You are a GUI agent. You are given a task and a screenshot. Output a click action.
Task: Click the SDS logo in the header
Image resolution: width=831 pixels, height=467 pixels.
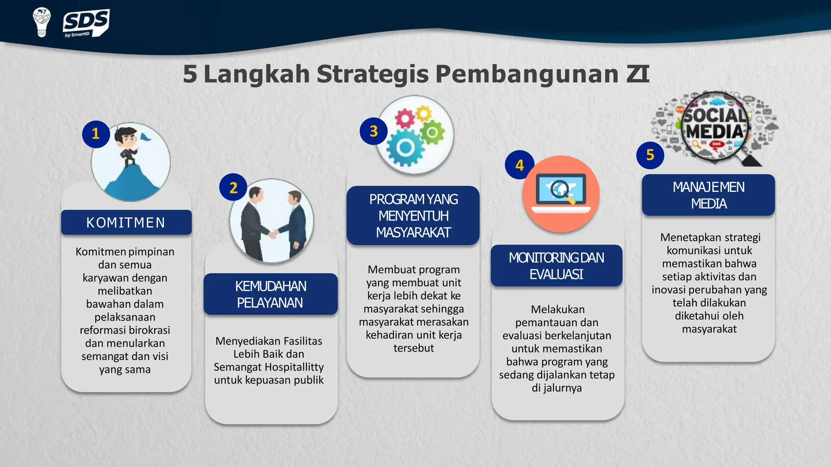click(86, 23)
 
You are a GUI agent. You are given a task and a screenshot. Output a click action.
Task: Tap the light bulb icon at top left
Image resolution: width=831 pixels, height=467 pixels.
click(41, 22)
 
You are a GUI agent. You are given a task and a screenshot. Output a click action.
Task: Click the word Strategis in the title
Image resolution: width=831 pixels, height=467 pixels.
click(372, 74)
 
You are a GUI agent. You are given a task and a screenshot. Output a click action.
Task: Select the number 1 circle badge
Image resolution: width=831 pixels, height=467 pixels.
click(96, 134)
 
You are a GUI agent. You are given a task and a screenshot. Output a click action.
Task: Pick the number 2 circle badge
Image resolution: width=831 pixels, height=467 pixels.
click(233, 188)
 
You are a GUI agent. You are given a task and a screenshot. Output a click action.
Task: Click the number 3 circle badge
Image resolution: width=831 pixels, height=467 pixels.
click(374, 131)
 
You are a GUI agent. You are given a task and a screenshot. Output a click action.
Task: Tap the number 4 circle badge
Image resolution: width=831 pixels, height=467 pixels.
click(519, 165)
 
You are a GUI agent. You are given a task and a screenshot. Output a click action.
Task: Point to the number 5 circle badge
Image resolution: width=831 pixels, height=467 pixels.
click(650, 155)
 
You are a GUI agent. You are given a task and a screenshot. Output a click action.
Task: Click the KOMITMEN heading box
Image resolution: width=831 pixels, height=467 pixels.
click(126, 223)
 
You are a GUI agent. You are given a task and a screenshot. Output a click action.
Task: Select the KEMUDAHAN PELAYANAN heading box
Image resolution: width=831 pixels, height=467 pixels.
click(270, 294)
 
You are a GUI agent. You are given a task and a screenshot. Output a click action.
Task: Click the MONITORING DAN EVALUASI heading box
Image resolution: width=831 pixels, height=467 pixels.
click(556, 266)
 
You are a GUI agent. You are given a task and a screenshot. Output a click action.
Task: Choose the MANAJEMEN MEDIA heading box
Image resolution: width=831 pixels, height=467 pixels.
click(708, 195)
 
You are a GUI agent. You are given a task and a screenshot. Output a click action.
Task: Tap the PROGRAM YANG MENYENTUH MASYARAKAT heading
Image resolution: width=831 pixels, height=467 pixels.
click(413, 216)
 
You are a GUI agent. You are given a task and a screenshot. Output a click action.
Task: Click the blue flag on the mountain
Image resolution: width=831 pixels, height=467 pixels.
click(146, 138)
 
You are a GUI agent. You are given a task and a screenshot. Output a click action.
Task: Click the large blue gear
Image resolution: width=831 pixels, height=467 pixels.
click(405, 148)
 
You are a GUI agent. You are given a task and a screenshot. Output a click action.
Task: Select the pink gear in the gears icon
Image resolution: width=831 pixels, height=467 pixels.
click(405, 119)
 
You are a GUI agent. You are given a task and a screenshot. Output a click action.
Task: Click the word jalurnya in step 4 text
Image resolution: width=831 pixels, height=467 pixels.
click(562, 388)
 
